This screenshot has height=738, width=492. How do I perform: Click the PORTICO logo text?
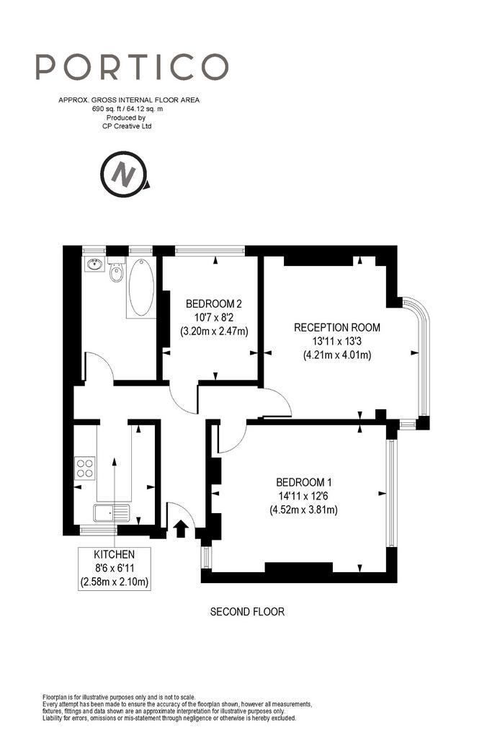[x=132, y=67]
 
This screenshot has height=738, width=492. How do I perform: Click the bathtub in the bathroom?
[x=141, y=288]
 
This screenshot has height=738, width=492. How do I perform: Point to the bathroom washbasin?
[x=94, y=264]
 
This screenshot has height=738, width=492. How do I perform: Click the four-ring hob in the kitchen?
[x=85, y=468]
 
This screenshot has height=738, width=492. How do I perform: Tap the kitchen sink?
[x=112, y=513]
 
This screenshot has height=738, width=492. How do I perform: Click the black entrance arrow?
[x=179, y=528]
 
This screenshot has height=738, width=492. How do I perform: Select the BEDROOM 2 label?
[x=214, y=303]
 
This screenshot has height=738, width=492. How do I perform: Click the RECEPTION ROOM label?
[x=337, y=328]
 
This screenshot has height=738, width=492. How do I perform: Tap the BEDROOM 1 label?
[x=304, y=482]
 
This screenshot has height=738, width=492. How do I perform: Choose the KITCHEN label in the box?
[x=115, y=555]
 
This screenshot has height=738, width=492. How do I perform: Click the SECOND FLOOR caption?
[x=247, y=612]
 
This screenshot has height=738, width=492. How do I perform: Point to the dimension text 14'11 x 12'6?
[x=303, y=496]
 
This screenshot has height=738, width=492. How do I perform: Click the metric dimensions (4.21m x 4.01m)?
[x=337, y=355]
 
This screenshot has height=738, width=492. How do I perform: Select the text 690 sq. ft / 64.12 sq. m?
[x=128, y=109]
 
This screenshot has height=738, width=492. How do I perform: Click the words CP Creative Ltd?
[x=127, y=126]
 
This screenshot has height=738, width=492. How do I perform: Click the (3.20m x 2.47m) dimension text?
[x=214, y=331]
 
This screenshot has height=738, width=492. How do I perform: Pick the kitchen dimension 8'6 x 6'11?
[x=115, y=569]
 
